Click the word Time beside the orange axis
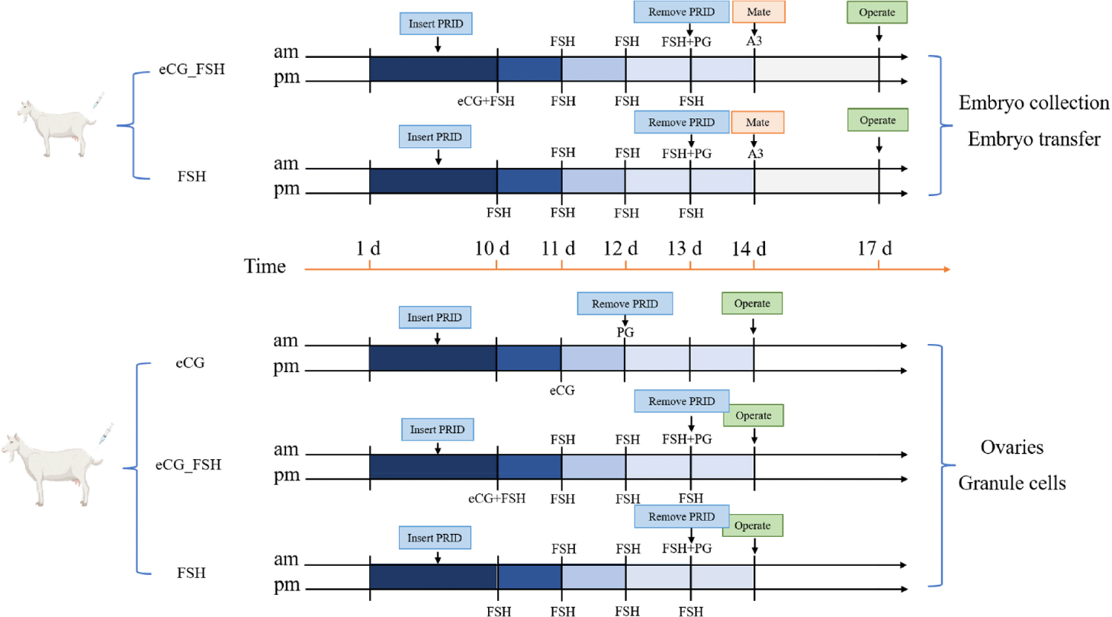click(265, 267)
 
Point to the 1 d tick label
click(368, 248)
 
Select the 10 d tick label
click(492, 248)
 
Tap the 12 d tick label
click(621, 248)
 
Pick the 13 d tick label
click(685, 248)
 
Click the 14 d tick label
click(749, 249)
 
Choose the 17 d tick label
click(875, 248)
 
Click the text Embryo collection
click(1033, 103)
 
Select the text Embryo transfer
click(1034, 139)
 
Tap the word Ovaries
click(1012, 447)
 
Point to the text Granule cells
click(1012, 483)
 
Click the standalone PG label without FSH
click(625, 332)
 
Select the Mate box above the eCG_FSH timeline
click(759, 12)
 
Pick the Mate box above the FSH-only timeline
click(757, 122)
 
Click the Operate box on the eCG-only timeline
click(752, 304)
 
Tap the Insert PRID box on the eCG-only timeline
click(435, 318)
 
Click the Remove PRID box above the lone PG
click(625, 304)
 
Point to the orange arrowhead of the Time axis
click(946, 269)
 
